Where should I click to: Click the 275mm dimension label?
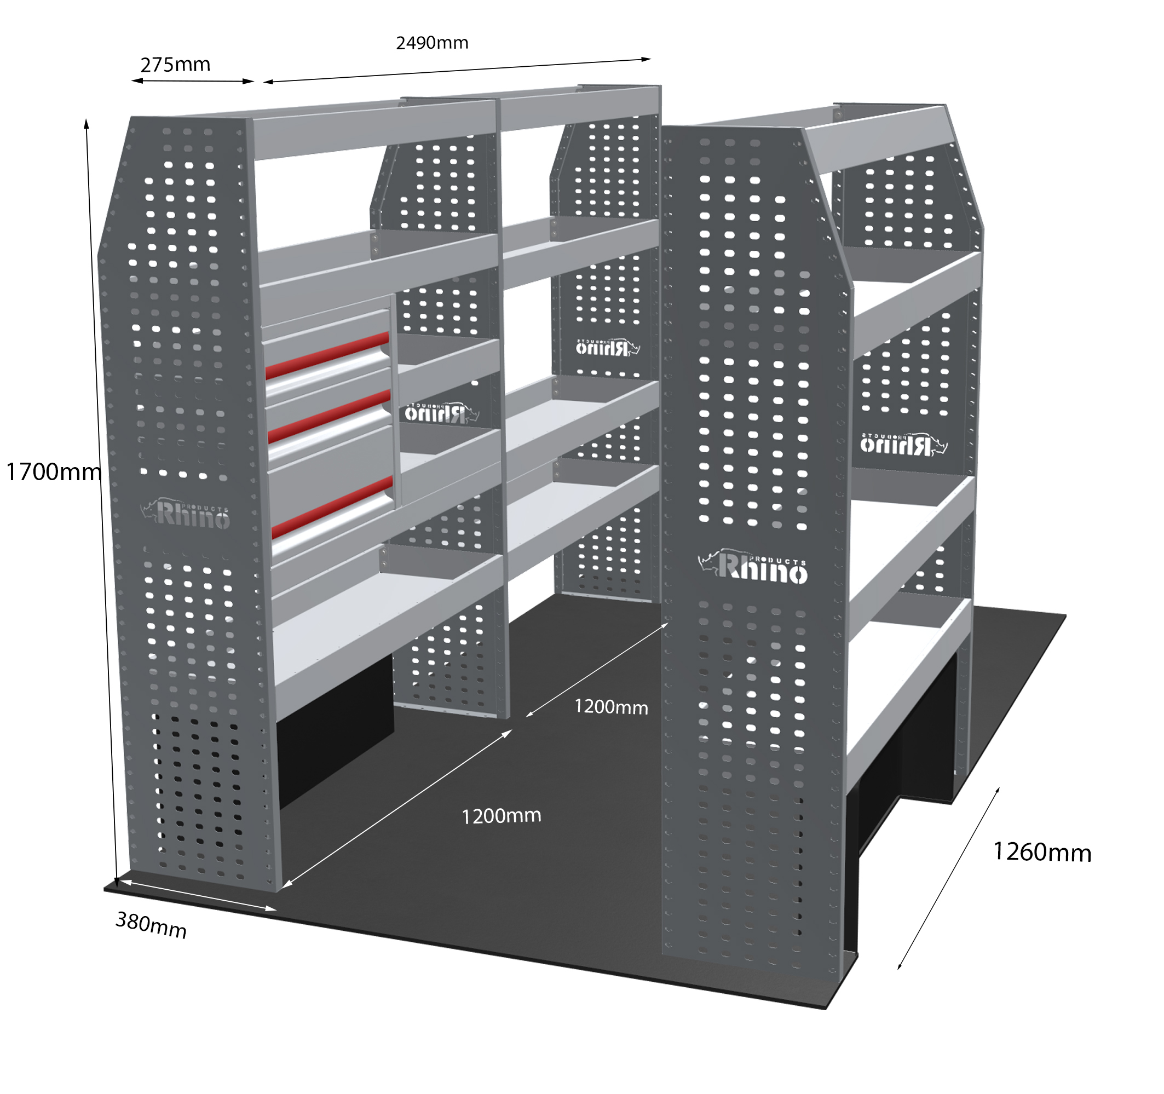coord(175,65)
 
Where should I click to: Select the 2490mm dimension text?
coord(432,43)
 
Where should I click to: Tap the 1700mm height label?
coord(53,471)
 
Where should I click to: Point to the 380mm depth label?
coord(151,925)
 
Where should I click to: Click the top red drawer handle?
coord(327,355)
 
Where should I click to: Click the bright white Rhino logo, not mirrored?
coord(753,567)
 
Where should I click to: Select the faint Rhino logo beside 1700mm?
coord(185,514)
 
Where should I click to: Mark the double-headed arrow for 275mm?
coord(193,82)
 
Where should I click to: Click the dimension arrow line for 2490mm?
coord(457,70)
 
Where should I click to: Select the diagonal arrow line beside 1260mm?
coord(948,878)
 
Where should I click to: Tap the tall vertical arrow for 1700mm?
coord(101,504)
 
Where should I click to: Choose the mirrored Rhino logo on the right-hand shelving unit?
coord(903,444)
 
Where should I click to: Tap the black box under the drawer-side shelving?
coord(335,732)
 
